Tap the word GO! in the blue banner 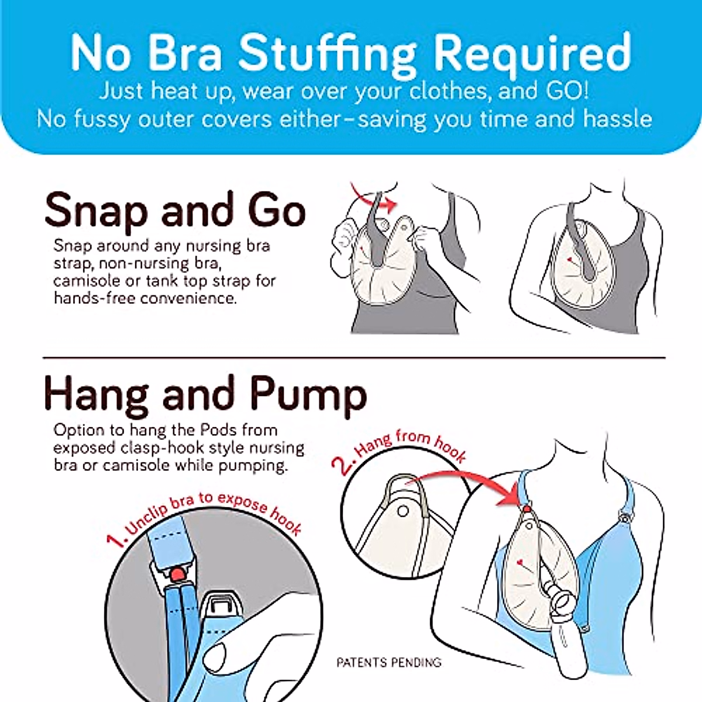[x=567, y=91]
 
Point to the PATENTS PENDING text [x=388, y=663]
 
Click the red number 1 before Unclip [x=116, y=539]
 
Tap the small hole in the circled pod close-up [x=402, y=512]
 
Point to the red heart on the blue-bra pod [x=519, y=563]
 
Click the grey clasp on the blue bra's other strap [x=627, y=517]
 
